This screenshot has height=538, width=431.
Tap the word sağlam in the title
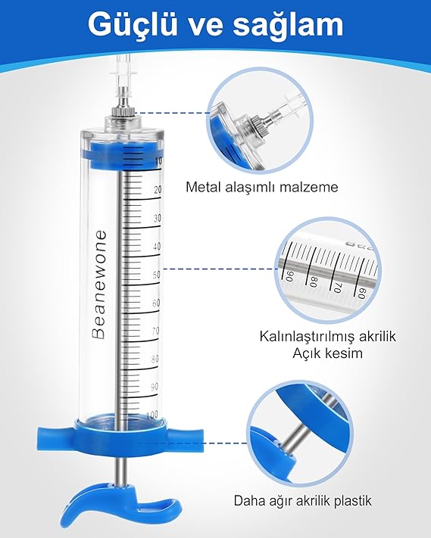pyautogui.click(x=288, y=26)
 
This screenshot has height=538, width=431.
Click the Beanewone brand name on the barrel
pyautogui.click(x=99, y=285)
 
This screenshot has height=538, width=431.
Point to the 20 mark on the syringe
pyautogui.click(x=158, y=190)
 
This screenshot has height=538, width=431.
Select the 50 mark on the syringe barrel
pyautogui.click(x=157, y=275)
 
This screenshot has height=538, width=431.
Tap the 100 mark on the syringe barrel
pyautogui.click(x=151, y=415)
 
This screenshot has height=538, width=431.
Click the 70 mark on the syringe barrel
pyautogui.click(x=155, y=331)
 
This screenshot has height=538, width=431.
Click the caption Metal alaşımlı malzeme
pyautogui.click(x=261, y=188)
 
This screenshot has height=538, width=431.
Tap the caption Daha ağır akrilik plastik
pyautogui.click(x=302, y=501)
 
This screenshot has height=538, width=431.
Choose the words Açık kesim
pyautogui.click(x=327, y=353)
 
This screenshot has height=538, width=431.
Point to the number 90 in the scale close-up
pyautogui.click(x=290, y=276)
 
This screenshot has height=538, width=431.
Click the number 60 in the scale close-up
pyautogui.click(x=362, y=293)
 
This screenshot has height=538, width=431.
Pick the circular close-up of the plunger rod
pyautogui.click(x=302, y=434)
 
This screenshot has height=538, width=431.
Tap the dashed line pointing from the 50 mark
pyautogui.click(x=219, y=269)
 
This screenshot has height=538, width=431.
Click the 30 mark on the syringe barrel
pyautogui.click(x=158, y=218)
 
